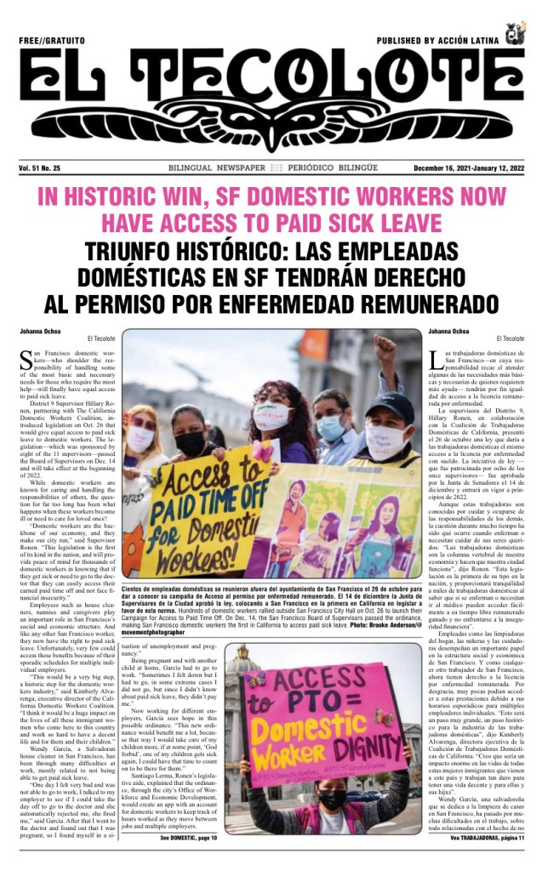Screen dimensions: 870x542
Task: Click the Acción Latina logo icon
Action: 512,36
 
